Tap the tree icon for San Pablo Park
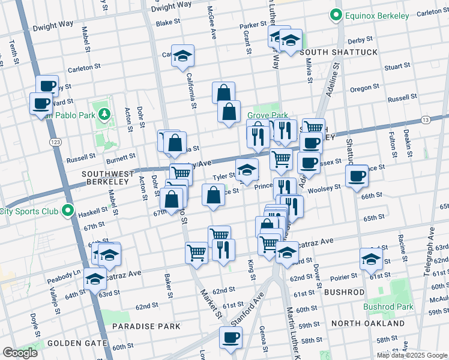[104, 114]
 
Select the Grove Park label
[268, 115]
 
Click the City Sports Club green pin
[68, 211]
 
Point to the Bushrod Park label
[388, 307]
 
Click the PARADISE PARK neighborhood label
[150, 326]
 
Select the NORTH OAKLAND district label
[367, 323]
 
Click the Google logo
[20, 353]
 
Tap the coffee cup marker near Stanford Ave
[231, 338]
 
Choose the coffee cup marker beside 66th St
[357, 176]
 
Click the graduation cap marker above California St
[182, 56]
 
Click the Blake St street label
[168, 23]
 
